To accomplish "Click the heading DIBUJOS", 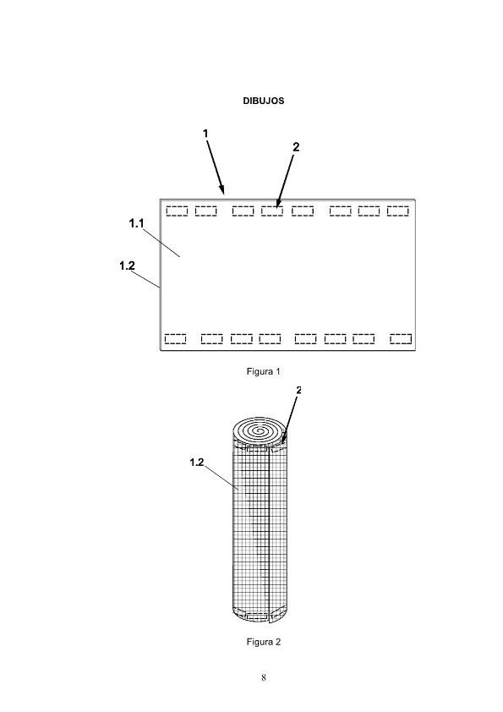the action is point(263,101).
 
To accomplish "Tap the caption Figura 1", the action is point(263,371).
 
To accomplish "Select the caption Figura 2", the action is point(263,642).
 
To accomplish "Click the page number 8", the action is point(263,678).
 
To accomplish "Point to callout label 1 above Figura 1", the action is point(205,134).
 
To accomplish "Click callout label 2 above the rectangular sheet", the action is point(296,147).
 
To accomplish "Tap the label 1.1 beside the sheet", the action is point(136,223).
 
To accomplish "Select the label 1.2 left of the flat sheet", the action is point(127,266).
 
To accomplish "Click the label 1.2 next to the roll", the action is point(197,463).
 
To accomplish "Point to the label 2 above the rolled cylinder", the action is point(298,390).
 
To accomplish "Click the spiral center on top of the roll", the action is point(260,430).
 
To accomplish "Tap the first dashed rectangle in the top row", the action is point(177,211).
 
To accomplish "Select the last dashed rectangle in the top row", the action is point(397,211).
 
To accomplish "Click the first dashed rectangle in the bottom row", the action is point(175,339).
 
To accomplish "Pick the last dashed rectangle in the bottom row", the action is point(401,339).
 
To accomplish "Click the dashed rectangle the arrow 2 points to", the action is point(272,211).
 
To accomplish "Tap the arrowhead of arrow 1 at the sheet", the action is point(223,192).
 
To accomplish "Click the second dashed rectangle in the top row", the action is point(205,211).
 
